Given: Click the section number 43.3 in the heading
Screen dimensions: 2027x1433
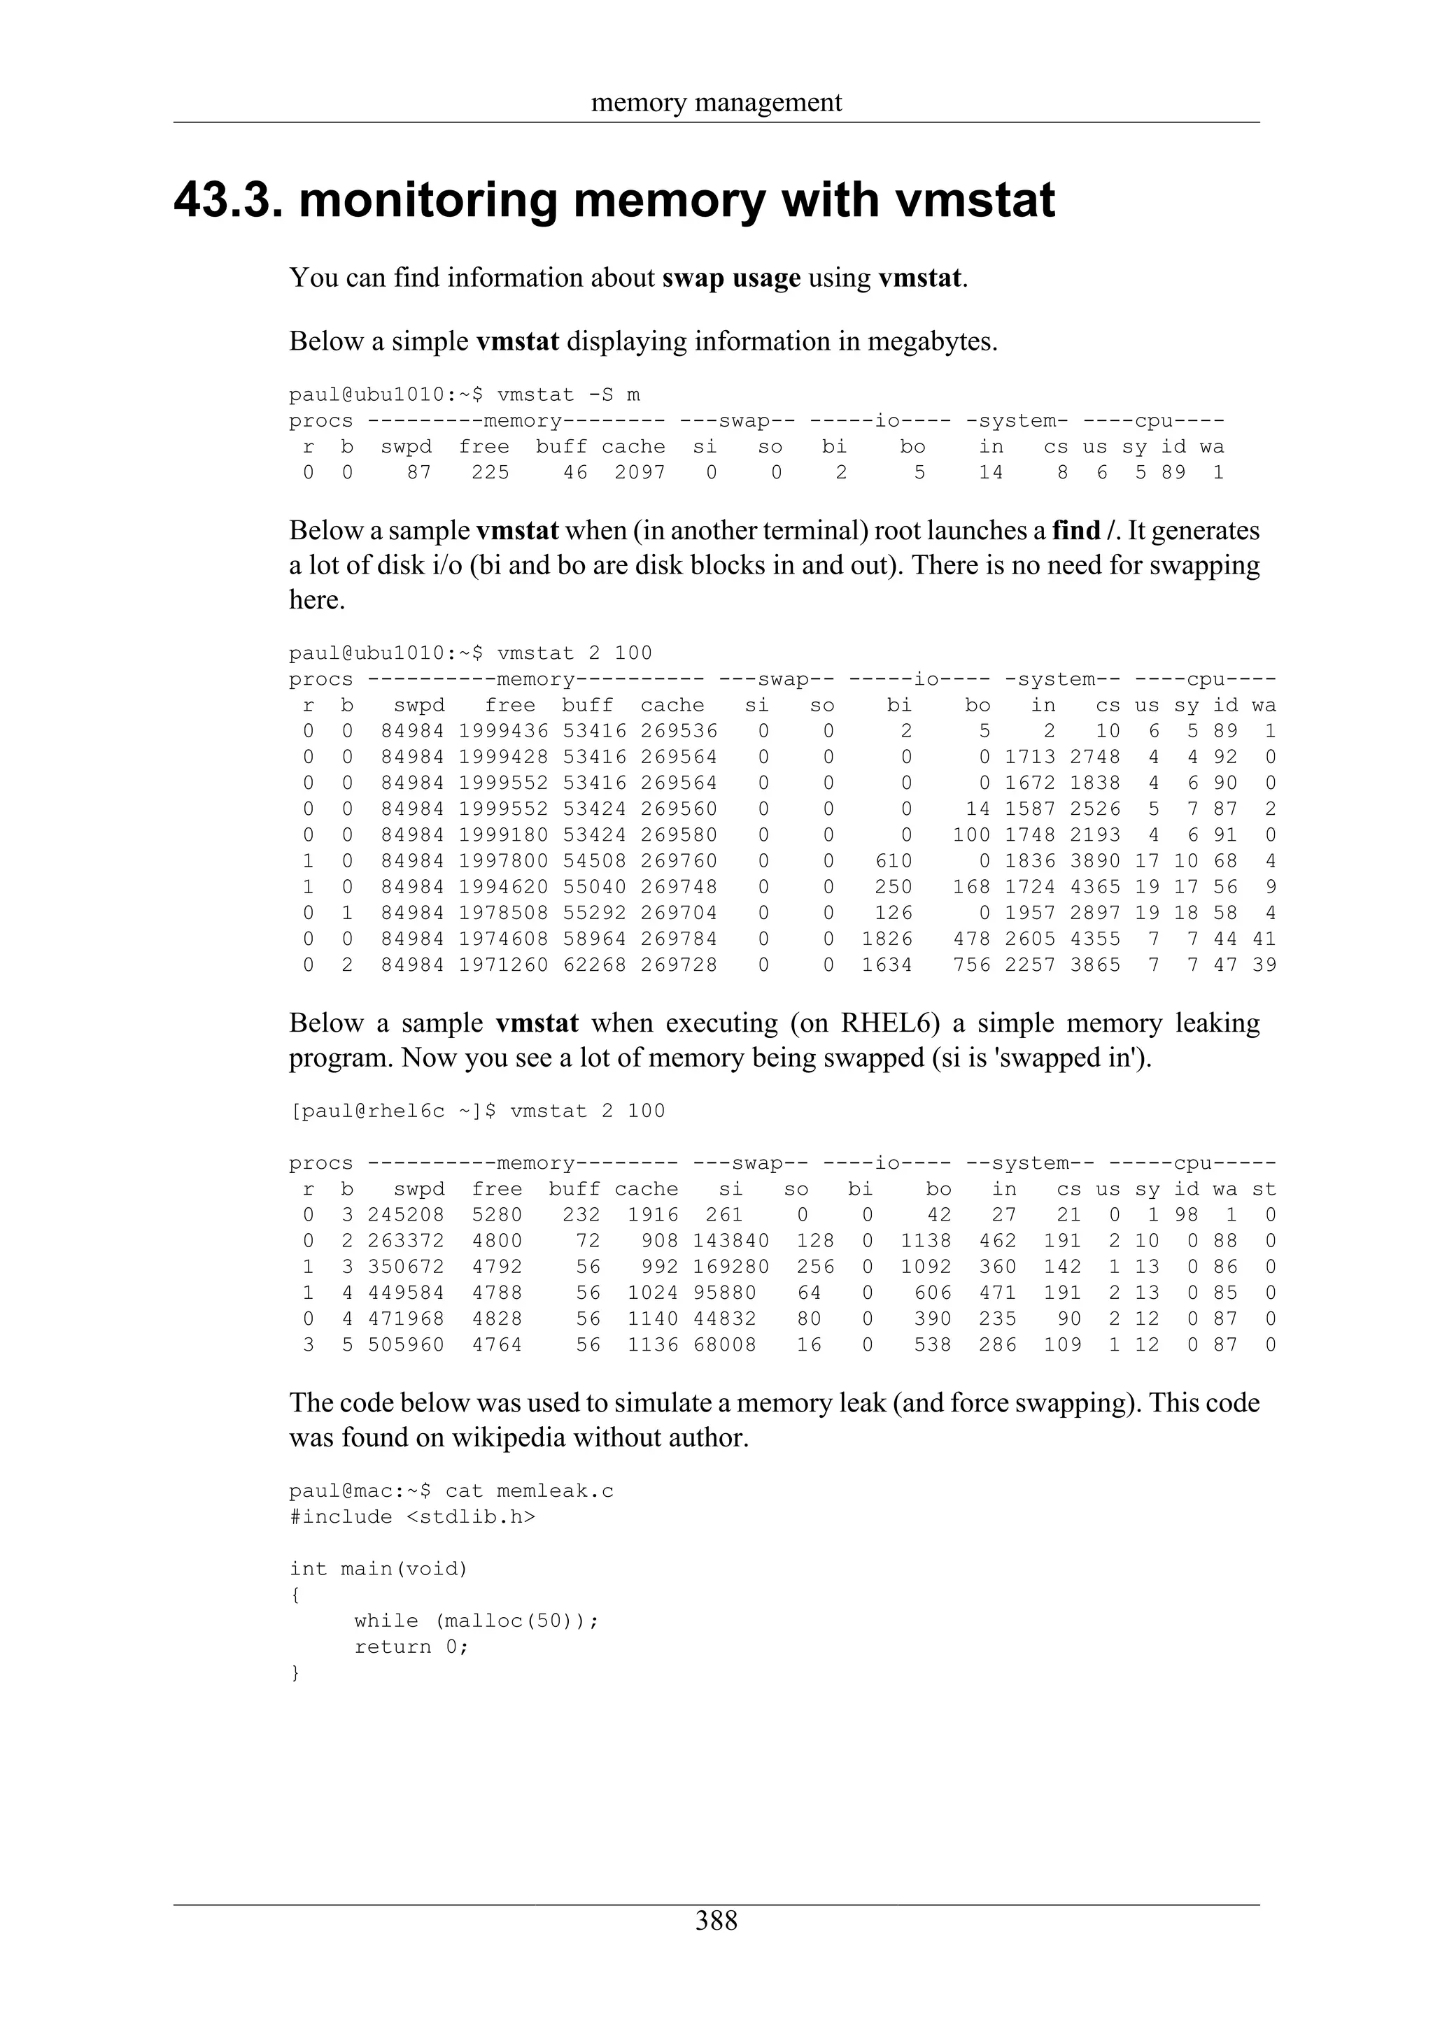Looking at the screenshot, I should coord(229,201).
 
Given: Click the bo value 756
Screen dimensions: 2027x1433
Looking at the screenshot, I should coord(971,965).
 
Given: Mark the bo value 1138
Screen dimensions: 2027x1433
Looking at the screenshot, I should coord(925,1242).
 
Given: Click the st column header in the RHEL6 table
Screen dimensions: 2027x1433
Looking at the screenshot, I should coord(1264,1190).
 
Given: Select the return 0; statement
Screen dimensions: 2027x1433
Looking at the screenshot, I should coord(411,1647).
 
